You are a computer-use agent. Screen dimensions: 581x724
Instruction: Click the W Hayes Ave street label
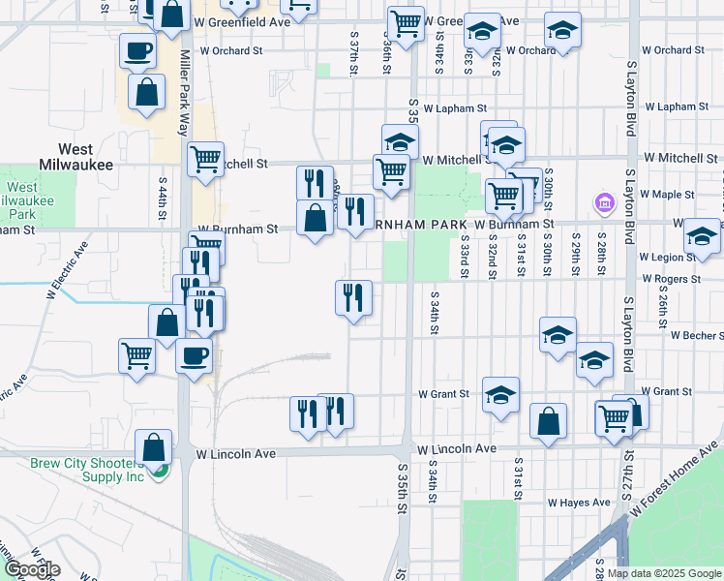click(x=579, y=503)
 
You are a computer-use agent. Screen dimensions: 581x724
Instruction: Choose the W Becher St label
click(x=696, y=336)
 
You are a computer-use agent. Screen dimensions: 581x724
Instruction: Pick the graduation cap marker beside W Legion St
click(x=702, y=236)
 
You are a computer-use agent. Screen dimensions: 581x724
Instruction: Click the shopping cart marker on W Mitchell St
click(x=204, y=158)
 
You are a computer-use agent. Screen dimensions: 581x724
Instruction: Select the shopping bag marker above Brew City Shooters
click(x=153, y=446)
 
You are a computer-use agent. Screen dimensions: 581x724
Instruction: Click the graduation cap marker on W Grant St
click(x=500, y=394)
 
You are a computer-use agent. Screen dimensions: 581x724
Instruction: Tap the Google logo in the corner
click(x=31, y=569)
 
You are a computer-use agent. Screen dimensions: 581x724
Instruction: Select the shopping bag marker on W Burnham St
click(x=315, y=217)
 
